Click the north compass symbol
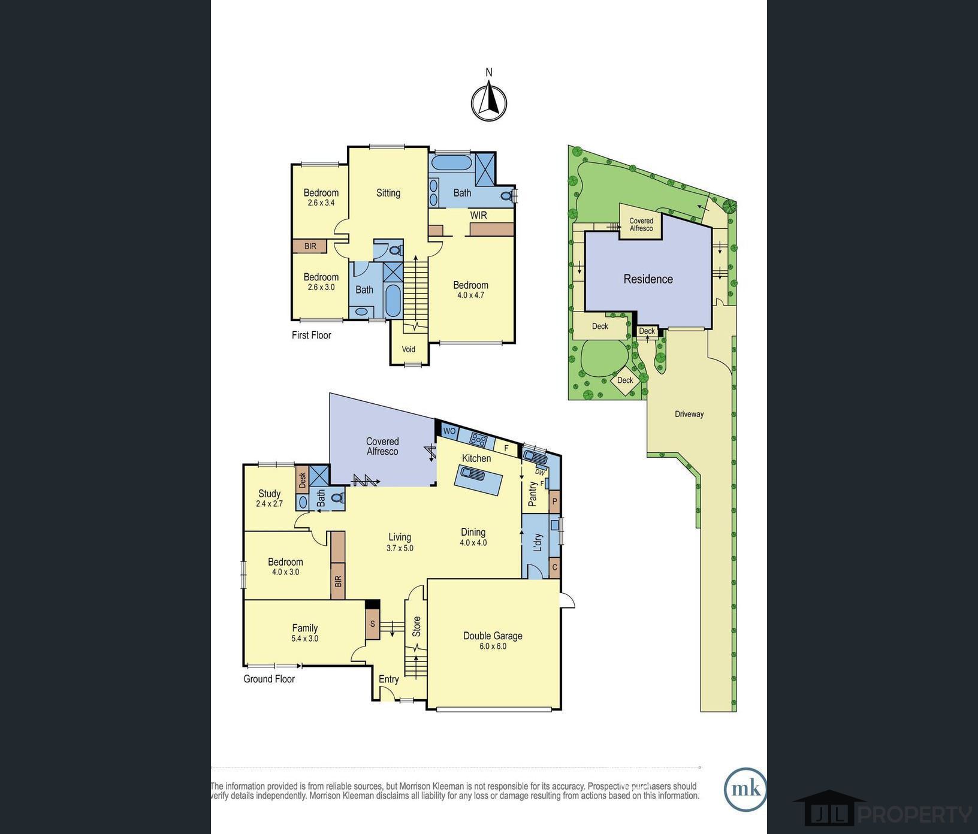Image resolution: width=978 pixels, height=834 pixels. coord(489,102)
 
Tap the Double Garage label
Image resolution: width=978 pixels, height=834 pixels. coord(493,636)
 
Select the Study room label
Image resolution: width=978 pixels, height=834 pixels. coord(269,494)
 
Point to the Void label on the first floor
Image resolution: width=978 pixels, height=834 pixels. coord(408,349)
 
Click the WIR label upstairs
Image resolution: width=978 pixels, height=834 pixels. coord(478,215)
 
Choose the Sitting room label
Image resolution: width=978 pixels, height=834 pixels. coord(388,193)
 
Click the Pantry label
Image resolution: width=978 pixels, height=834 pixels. coord(533,494)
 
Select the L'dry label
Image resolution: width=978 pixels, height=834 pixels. coord(538,542)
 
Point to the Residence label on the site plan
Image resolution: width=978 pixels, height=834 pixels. coord(648,279)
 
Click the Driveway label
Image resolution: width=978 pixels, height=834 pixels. coord(689,414)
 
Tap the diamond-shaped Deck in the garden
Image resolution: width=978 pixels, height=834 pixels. coord(625,380)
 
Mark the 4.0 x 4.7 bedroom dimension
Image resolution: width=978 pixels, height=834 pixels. coord(470,295)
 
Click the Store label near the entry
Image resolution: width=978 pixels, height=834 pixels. coord(416,626)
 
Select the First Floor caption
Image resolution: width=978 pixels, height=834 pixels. coord(311,335)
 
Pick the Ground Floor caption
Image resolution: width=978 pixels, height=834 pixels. coord(269,679)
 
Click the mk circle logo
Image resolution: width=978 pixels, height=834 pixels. coord(745,789)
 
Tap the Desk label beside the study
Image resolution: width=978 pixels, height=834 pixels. coord(302,479)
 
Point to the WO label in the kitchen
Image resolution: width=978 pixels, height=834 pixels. coord(449,431)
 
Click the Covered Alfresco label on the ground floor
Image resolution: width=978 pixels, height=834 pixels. coord(382,446)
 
